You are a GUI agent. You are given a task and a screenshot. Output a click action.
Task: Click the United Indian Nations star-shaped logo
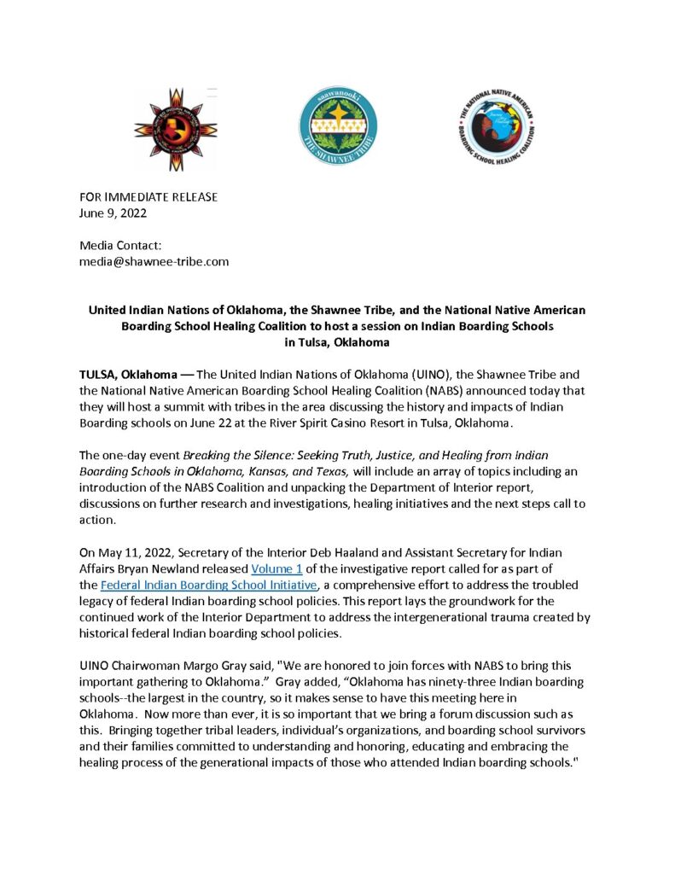click(176, 129)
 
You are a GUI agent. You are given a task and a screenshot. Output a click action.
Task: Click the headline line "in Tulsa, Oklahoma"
click(337, 342)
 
